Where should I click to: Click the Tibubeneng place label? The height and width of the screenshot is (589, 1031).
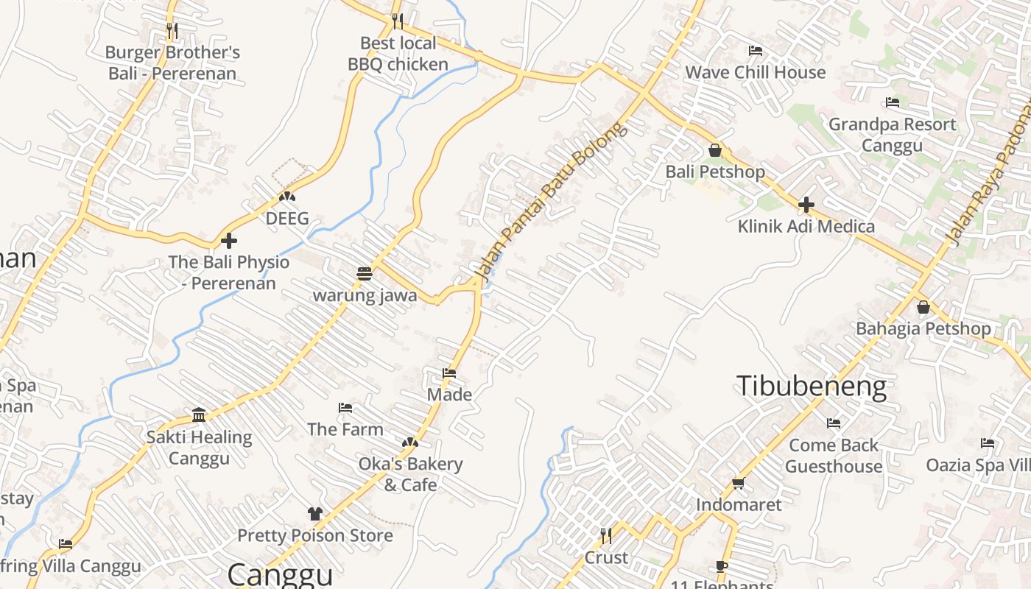(812, 387)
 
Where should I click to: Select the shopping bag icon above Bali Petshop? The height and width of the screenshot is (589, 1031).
(714, 151)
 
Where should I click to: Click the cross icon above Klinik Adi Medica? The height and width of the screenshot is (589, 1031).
(806, 205)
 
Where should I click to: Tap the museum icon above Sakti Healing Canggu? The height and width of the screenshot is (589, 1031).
(199, 415)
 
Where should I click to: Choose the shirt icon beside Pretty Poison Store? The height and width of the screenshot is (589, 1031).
(315, 513)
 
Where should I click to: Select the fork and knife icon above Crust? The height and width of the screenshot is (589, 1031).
(606, 535)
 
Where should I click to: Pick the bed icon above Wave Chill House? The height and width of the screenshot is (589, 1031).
(755, 51)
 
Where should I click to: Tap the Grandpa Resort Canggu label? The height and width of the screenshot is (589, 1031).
(892, 134)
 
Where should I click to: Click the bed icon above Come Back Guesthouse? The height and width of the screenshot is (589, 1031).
(834, 423)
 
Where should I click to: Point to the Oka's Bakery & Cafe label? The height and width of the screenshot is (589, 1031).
(410, 474)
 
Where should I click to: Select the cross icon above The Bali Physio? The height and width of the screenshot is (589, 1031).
(229, 240)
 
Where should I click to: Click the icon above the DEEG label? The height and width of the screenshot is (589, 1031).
(286, 197)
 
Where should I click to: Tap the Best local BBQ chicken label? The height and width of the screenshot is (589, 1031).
(398, 54)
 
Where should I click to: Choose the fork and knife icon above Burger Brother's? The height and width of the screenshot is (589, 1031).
(172, 30)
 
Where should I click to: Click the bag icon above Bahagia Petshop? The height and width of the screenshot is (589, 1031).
(923, 307)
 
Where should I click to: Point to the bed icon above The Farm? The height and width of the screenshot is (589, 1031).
(345, 408)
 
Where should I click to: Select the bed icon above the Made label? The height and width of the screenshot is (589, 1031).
(449, 373)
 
